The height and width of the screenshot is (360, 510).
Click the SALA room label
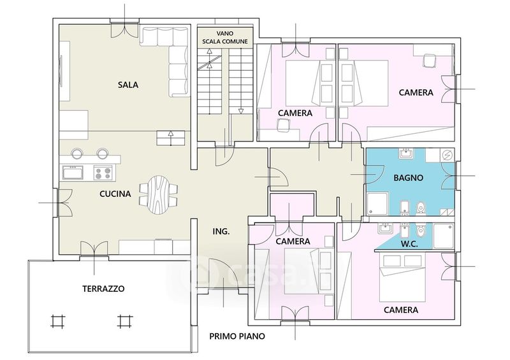coord(128,85)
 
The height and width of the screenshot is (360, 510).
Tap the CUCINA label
coord(115,194)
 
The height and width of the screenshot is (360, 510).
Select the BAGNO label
coord(408,178)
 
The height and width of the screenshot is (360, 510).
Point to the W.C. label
coord(409,244)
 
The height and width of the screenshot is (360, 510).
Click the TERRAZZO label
coord(103,289)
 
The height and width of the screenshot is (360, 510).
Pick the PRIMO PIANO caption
coord(237,336)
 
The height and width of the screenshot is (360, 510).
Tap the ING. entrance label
coord(221,231)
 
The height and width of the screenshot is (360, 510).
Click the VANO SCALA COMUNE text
coord(225,38)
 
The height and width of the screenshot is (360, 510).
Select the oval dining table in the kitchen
coord(158,194)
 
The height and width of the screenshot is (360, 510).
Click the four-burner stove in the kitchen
coord(103,173)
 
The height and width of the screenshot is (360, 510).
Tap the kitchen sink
coord(73,173)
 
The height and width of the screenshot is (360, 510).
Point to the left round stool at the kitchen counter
coord(77,154)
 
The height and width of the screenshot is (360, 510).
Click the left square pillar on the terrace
coord(58,321)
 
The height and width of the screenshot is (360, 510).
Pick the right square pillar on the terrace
coord(124,321)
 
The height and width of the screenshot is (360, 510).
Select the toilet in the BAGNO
coord(421,208)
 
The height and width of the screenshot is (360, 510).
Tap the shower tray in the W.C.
coord(444,236)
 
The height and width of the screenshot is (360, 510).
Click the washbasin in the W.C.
coord(386,228)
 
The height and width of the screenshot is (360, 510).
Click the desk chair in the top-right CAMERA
coord(429,61)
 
